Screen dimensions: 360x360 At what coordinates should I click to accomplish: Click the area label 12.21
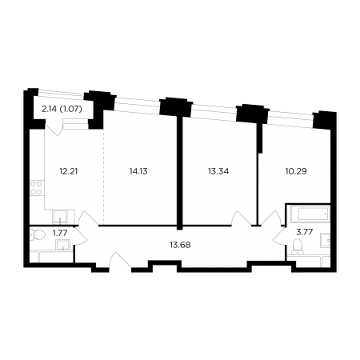click(69, 171)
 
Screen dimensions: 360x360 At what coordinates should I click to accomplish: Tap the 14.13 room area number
click(138, 171)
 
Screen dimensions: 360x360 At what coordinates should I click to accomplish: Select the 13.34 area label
click(218, 171)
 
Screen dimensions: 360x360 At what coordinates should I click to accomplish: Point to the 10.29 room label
click(296, 171)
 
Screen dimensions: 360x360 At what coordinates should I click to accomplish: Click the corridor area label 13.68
click(180, 245)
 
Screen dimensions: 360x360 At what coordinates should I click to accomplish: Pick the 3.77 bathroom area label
click(305, 232)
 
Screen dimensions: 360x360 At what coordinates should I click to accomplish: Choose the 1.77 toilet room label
click(60, 233)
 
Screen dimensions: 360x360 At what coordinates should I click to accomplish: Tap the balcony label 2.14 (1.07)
click(62, 109)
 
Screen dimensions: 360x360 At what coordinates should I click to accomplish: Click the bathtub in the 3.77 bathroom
click(310, 214)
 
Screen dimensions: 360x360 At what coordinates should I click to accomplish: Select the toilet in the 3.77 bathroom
click(297, 246)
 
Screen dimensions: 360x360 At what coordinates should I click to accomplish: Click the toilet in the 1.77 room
click(38, 235)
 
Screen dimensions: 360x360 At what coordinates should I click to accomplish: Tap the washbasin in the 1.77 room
click(63, 245)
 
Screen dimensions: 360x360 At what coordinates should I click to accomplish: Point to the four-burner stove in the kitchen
click(37, 188)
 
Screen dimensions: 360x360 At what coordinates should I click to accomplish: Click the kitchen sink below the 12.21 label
click(60, 217)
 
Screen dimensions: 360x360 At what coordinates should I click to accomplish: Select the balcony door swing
click(54, 128)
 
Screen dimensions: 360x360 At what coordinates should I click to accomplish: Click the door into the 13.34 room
click(241, 218)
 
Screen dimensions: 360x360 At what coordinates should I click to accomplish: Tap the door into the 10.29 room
click(270, 218)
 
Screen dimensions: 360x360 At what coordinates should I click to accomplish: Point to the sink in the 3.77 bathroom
click(326, 239)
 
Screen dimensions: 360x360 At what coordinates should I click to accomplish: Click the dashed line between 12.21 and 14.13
click(103, 177)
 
